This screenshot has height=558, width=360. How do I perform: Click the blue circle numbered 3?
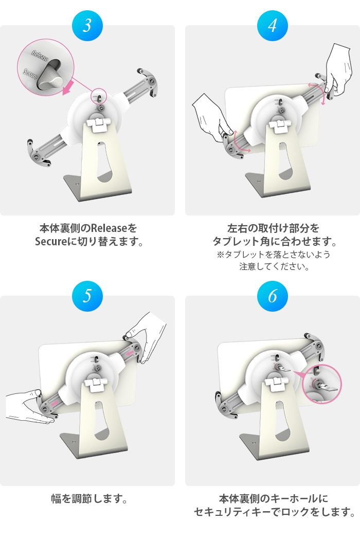coord(87,26)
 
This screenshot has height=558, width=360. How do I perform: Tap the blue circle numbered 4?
coord(272,26)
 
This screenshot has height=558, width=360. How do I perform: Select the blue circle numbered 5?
coord(87,296)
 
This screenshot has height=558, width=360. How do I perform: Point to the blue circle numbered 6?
coord(272,296)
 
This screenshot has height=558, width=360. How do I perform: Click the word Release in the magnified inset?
coord(40,56)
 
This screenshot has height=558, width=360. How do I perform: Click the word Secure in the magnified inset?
coord(30,74)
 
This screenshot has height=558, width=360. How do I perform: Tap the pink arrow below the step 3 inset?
coord(69,87)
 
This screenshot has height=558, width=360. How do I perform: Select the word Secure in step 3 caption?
coord(50,242)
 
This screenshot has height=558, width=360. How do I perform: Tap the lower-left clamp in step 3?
coord(38,154)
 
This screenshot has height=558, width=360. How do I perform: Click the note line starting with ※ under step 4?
coord(273,255)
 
